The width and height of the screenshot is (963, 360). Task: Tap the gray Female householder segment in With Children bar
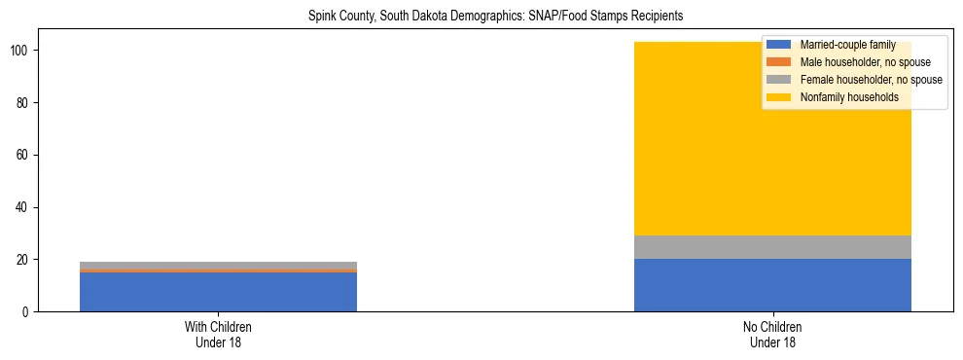tap(218, 265)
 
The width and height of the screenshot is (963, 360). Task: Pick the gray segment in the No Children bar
tap(772, 247)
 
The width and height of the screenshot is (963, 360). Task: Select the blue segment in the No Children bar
tap(772, 285)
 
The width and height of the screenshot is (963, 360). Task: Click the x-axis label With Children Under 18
tap(218, 334)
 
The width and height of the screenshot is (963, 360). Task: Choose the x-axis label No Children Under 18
tap(772, 334)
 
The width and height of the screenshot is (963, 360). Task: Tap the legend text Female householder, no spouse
tap(871, 80)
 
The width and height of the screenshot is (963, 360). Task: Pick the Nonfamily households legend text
tap(849, 97)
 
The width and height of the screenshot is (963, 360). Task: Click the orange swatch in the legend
tap(778, 62)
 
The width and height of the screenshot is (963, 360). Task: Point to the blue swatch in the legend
tap(778, 45)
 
